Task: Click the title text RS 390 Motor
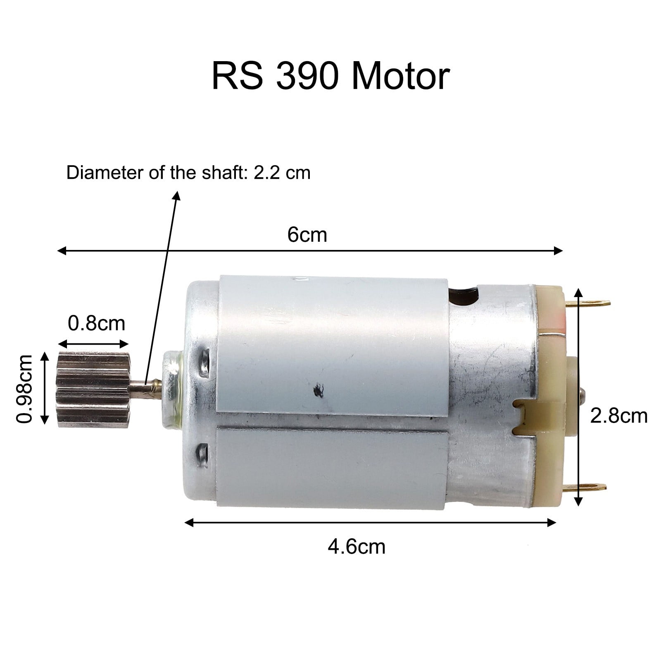[330, 76]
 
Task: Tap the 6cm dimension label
[307, 235]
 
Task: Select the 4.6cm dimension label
[357, 547]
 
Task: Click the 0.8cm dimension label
[96, 323]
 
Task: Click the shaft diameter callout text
[188, 173]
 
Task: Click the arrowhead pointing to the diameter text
[178, 195]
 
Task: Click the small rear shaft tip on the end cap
[583, 391]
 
